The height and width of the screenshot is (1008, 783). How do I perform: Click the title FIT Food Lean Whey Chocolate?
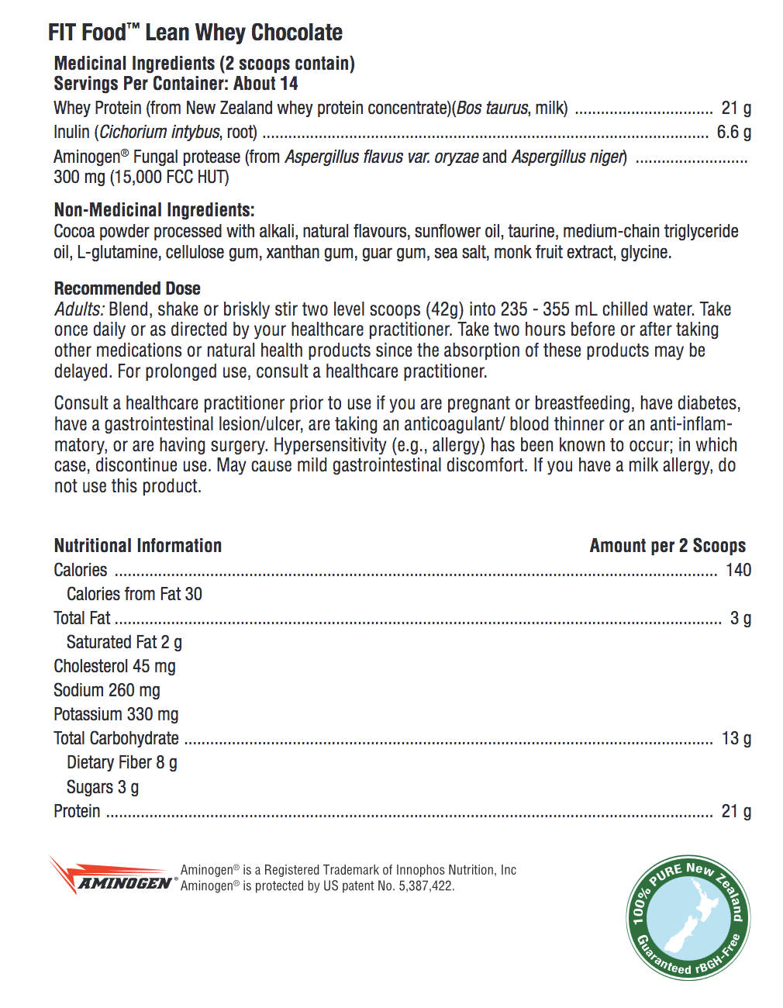195,33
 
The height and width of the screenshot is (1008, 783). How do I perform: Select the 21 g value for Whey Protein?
736,108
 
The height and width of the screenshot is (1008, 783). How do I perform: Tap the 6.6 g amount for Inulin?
733,132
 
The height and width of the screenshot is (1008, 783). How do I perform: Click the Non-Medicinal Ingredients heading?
154,210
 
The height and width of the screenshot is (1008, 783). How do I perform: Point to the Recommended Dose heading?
127,288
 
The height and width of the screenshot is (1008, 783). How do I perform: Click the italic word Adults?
78,309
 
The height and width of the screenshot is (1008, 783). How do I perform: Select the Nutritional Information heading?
138,546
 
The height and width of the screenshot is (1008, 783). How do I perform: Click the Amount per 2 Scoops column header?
667,546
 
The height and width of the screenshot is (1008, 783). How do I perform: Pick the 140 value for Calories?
738,570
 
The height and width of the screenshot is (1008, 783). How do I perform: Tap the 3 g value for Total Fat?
740,618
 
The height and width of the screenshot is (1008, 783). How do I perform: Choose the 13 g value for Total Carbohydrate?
736,738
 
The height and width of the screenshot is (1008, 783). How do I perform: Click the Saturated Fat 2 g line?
124,642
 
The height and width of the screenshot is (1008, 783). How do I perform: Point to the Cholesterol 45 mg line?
115,666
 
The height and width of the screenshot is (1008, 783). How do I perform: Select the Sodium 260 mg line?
107,690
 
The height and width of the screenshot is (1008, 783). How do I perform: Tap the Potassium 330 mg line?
116,714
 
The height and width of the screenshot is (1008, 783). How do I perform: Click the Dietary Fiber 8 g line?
122,763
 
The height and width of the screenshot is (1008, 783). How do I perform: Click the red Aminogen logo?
112,876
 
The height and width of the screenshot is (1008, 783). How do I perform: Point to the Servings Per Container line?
176,84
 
